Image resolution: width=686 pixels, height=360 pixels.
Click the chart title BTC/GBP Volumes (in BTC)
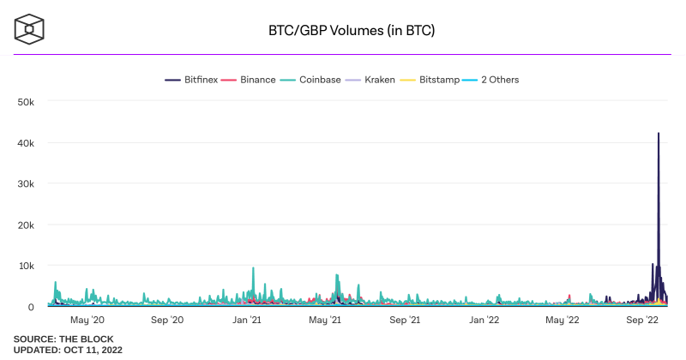(x=352, y=31)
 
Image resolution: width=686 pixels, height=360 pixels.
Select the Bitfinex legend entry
(x=190, y=80)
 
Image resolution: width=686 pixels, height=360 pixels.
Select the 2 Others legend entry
(x=496, y=80)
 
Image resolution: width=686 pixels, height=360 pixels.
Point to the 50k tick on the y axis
(x=25, y=102)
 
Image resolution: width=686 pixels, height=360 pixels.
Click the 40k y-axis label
(x=25, y=143)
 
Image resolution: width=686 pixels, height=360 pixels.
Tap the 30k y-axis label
(x=25, y=184)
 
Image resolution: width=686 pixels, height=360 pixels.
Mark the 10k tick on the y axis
(x=25, y=266)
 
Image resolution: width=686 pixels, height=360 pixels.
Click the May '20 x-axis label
(x=87, y=321)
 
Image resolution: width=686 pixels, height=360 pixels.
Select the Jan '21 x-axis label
(x=248, y=321)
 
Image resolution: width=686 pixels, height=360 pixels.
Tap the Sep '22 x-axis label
(x=642, y=321)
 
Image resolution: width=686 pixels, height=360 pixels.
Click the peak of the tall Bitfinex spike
(x=659, y=134)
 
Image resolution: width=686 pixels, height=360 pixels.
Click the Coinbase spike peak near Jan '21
(x=253, y=268)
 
